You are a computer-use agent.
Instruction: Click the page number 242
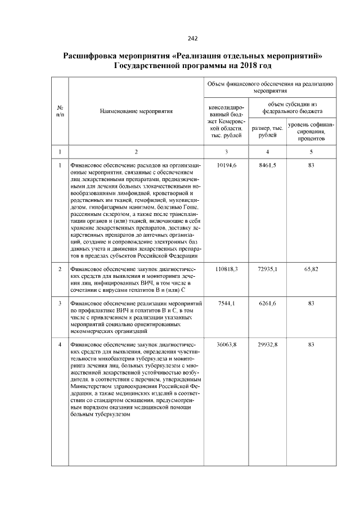coord(192,38)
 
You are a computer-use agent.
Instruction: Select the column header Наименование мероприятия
coord(136,111)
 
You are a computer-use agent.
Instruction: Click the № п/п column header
coord(60,111)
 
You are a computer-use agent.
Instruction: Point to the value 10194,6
coord(227,165)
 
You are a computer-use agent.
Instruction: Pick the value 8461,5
coord(268,165)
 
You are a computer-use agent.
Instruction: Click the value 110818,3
coord(227,269)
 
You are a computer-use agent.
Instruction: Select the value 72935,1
coord(268,269)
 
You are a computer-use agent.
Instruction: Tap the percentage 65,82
coord(311,269)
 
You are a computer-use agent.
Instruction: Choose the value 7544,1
coord(227,304)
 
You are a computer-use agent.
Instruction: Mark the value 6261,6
coord(268,304)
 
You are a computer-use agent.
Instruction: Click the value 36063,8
coord(227,343)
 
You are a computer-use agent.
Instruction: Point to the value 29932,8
coord(268,343)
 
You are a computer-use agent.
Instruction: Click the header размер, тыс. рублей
coord(268,132)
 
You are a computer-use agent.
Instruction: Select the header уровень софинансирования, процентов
coord(311,132)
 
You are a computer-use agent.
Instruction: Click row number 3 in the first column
coord(60,304)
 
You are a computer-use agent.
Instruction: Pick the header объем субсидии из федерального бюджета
coord(292,107)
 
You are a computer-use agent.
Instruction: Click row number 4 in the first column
coord(60,343)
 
